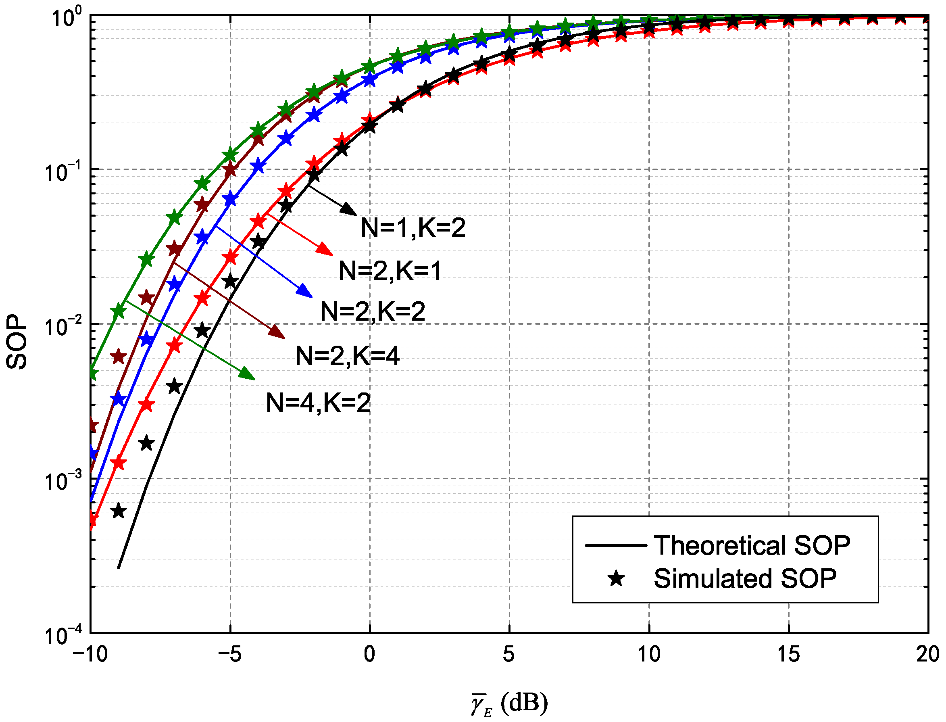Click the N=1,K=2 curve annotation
(x=413, y=228)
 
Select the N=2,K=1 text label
(x=390, y=271)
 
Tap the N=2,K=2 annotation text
(x=373, y=311)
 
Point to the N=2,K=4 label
(x=348, y=356)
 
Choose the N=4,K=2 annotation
(x=318, y=403)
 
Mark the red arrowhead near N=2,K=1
(x=325, y=249)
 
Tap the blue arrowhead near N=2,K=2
(x=304, y=291)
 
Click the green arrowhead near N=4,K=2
(x=248, y=374)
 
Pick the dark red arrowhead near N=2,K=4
(x=277, y=332)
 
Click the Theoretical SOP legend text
(x=752, y=546)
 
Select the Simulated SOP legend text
(x=745, y=578)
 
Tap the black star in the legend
(x=616, y=578)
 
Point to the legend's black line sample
(x=616, y=546)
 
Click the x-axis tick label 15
(x=789, y=655)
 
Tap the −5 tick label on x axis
(x=230, y=655)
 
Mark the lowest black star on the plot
(x=118, y=511)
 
